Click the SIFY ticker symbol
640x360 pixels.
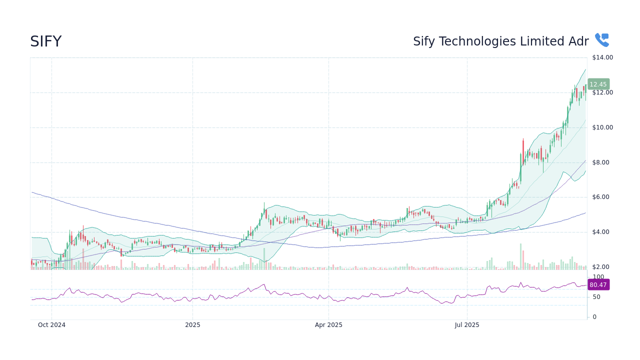pos(45,41)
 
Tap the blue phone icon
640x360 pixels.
pos(601,40)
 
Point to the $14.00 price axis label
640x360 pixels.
pos(602,57)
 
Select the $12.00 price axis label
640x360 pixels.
pos(602,92)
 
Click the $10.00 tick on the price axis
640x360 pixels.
pos(602,127)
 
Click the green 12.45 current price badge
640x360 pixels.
pos(598,84)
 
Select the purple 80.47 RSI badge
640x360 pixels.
pos(598,285)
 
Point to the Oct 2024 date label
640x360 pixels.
pos(51,325)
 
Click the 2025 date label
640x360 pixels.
pos(192,325)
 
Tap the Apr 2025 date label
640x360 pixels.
pos(328,325)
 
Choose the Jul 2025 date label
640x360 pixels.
pos(467,325)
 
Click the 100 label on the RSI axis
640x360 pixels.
pos(598,277)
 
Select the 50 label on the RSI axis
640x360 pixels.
pos(596,297)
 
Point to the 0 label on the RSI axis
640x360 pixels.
pos(594,317)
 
